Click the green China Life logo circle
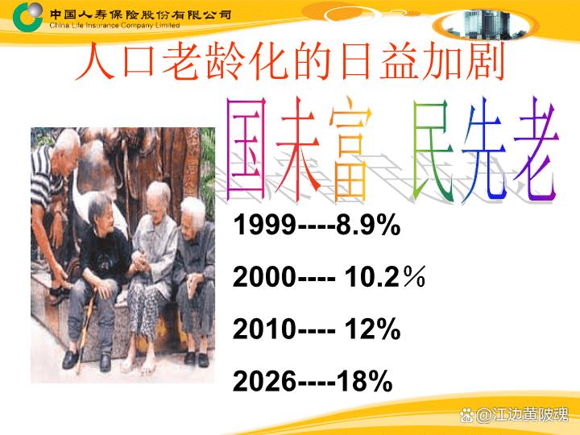click(x=27, y=17)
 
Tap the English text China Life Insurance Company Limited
click(x=114, y=26)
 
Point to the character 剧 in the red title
click(x=485, y=62)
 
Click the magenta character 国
click(x=246, y=149)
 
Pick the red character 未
click(x=298, y=149)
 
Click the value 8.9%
click(x=368, y=224)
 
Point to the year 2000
click(x=264, y=276)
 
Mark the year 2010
click(x=264, y=329)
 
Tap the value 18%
click(x=364, y=381)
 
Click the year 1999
click(x=264, y=224)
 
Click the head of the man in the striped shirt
click(x=67, y=145)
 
